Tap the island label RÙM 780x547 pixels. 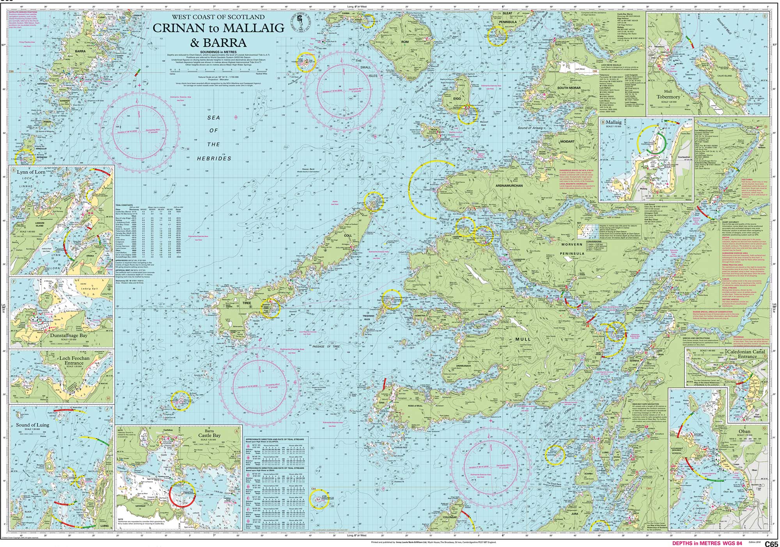(405, 42)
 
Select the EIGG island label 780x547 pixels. (457, 99)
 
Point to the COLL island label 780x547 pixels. (348, 235)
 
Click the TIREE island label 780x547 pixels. (247, 303)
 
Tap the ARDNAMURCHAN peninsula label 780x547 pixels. (509, 186)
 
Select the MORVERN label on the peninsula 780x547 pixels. (572, 245)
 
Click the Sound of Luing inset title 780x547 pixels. (32, 425)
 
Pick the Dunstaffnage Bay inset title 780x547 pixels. (69, 335)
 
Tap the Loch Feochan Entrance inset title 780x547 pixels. (74, 360)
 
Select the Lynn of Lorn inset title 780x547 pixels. (31, 172)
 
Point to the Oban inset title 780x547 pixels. (744, 432)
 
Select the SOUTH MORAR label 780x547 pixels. (569, 88)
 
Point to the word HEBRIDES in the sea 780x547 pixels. (214, 159)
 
